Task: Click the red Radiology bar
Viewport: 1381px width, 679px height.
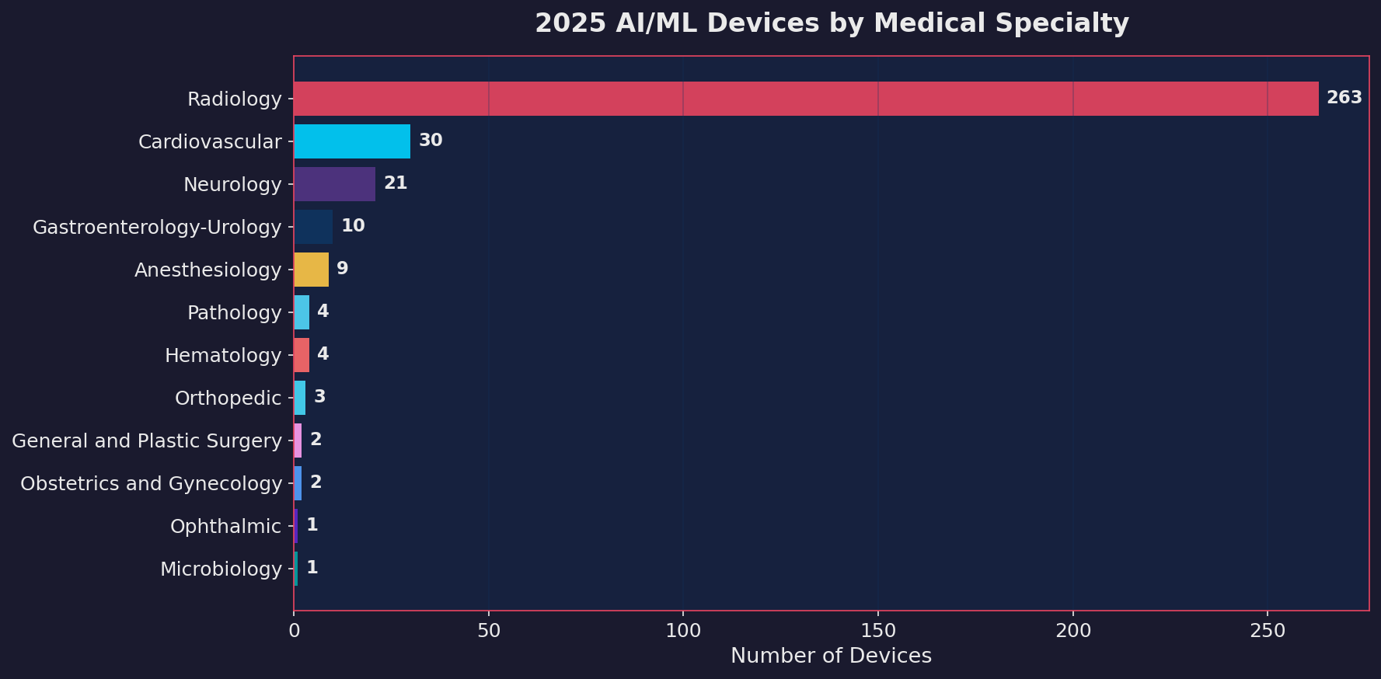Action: (x=806, y=99)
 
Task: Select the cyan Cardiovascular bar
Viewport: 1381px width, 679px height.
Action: (x=352, y=141)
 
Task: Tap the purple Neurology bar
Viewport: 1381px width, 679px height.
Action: (x=334, y=184)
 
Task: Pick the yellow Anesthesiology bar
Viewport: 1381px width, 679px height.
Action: (x=311, y=270)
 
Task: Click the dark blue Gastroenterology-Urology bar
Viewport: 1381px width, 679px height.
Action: (x=313, y=227)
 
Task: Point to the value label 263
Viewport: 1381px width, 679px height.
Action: (x=1344, y=98)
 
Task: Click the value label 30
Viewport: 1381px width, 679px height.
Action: (x=431, y=141)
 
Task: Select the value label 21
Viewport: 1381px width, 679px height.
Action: (x=396, y=183)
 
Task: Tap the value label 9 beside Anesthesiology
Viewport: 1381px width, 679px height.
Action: (x=342, y=269)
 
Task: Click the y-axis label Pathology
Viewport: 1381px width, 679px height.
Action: (x=234, y=312)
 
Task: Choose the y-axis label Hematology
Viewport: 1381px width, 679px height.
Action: (x=223, y=355)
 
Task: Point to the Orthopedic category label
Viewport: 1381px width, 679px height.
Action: (x=228, y=398)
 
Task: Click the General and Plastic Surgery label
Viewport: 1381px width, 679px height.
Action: (x=147, y=440)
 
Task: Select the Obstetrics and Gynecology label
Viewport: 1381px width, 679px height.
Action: (x=151, y=483)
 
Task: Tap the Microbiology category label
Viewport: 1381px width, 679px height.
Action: (x=221, y=569)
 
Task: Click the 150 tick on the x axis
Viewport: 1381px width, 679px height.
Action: (x=878, y=631)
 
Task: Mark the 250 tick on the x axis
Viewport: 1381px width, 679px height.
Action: (x=1268, y=631)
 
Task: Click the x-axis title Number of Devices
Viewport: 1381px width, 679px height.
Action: (x=831, y=656)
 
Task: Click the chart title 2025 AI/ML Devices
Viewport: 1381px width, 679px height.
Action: (x=831, y=23)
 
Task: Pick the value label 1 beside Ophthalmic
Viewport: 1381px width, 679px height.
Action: (x=312, y=525)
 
